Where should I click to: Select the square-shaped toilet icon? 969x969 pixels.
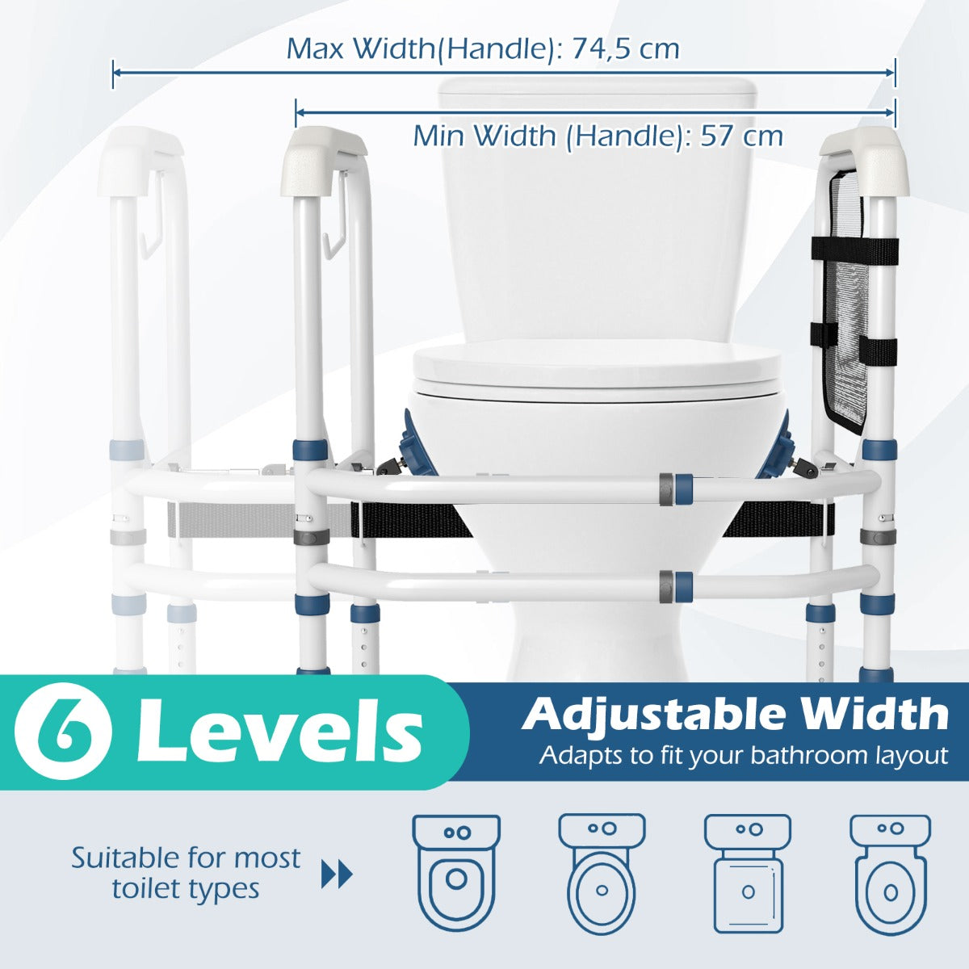(748, 873)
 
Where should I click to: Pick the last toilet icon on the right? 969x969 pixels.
(890, 873)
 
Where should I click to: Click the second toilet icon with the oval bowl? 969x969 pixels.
(602, 873)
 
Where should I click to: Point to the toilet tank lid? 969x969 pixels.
(598, 93)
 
